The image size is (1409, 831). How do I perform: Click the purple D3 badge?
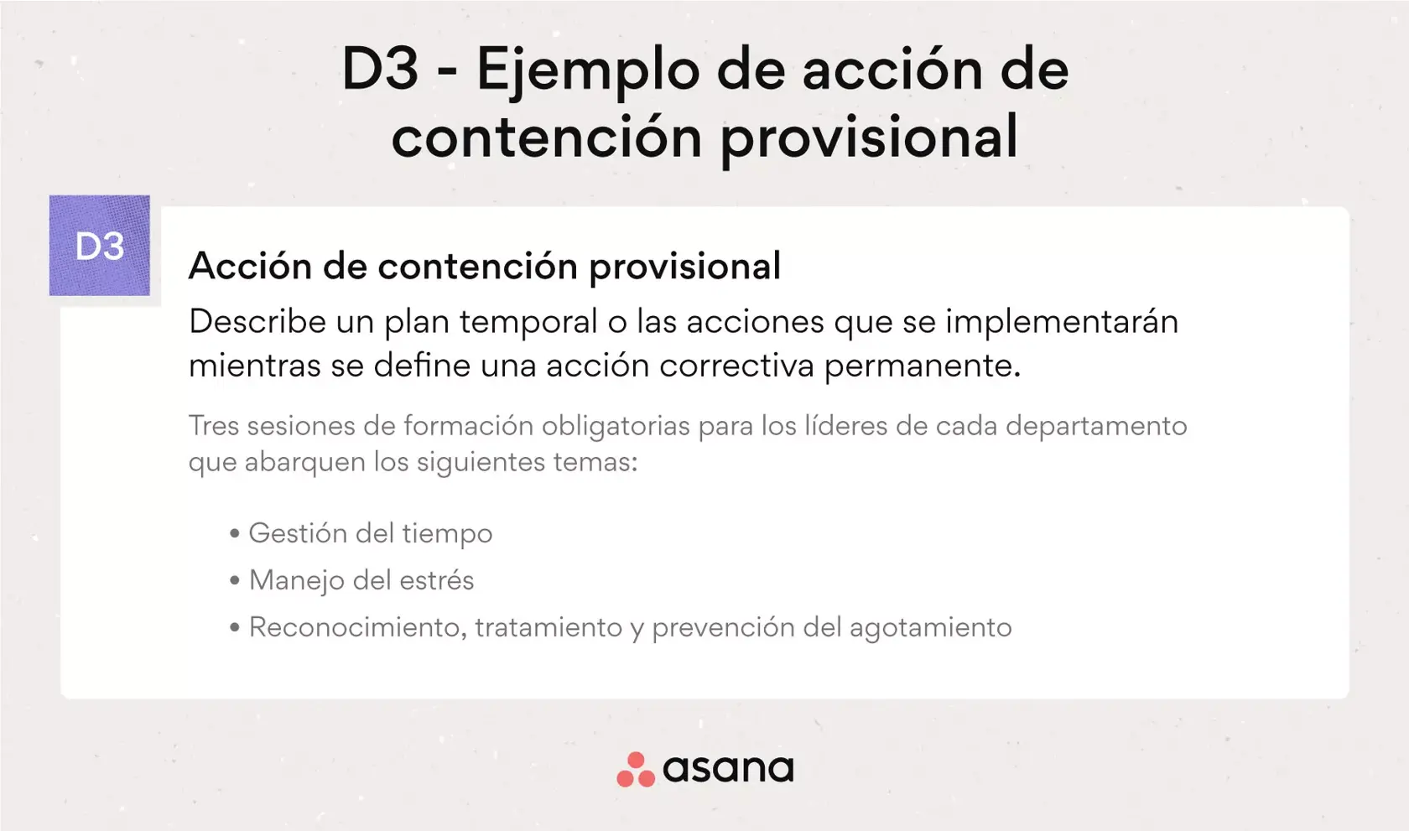[x=99, y=246]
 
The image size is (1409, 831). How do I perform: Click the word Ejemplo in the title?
[x=587, y=70]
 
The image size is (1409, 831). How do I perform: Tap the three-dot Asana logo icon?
[x=636, y=770]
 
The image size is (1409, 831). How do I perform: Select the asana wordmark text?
[x=728, y=769]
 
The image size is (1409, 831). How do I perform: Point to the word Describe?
[x=257, y=322]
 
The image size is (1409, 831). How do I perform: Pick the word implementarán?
[x=1062, y=322]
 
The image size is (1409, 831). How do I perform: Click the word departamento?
[x=1096, y=426]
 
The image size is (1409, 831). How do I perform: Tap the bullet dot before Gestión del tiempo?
[x=235, y=533]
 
